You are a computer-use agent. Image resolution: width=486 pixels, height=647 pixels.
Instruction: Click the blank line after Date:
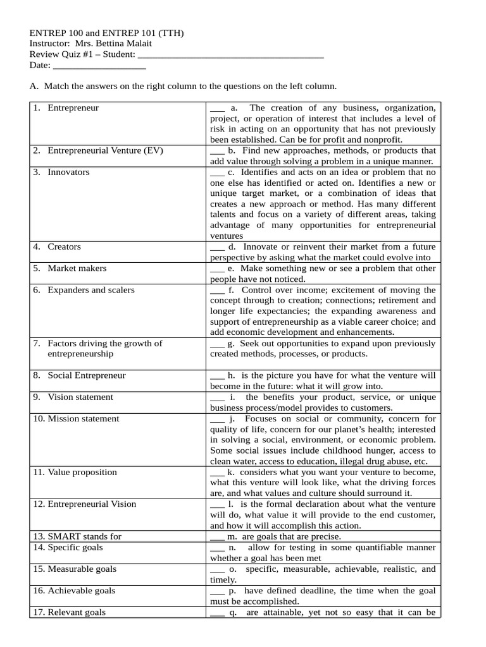tap(99, 66)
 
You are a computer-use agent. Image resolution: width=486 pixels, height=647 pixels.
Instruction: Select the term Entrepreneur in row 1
tap(73, 108)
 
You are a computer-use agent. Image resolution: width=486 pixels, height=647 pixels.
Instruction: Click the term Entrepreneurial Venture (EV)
tap(101, 151)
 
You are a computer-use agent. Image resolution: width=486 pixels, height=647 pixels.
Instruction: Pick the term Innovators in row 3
tap(68, 172)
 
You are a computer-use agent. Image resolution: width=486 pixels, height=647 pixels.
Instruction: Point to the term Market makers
tap(77, 269)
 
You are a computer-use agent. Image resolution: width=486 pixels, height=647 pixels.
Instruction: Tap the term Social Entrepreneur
tap(87, 375)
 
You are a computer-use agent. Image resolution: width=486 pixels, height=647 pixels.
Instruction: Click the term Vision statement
tap(80, 397)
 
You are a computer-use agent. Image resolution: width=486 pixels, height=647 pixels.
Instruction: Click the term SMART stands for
tap(84, 536)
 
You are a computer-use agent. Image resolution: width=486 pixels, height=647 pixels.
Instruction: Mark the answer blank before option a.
tap(217, 109)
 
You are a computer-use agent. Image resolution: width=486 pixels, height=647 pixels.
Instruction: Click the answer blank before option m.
tap(217, 537)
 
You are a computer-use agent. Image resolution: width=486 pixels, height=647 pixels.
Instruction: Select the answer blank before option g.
tap(217, 344)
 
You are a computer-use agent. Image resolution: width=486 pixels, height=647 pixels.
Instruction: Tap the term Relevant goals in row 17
tap(77, 612)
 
